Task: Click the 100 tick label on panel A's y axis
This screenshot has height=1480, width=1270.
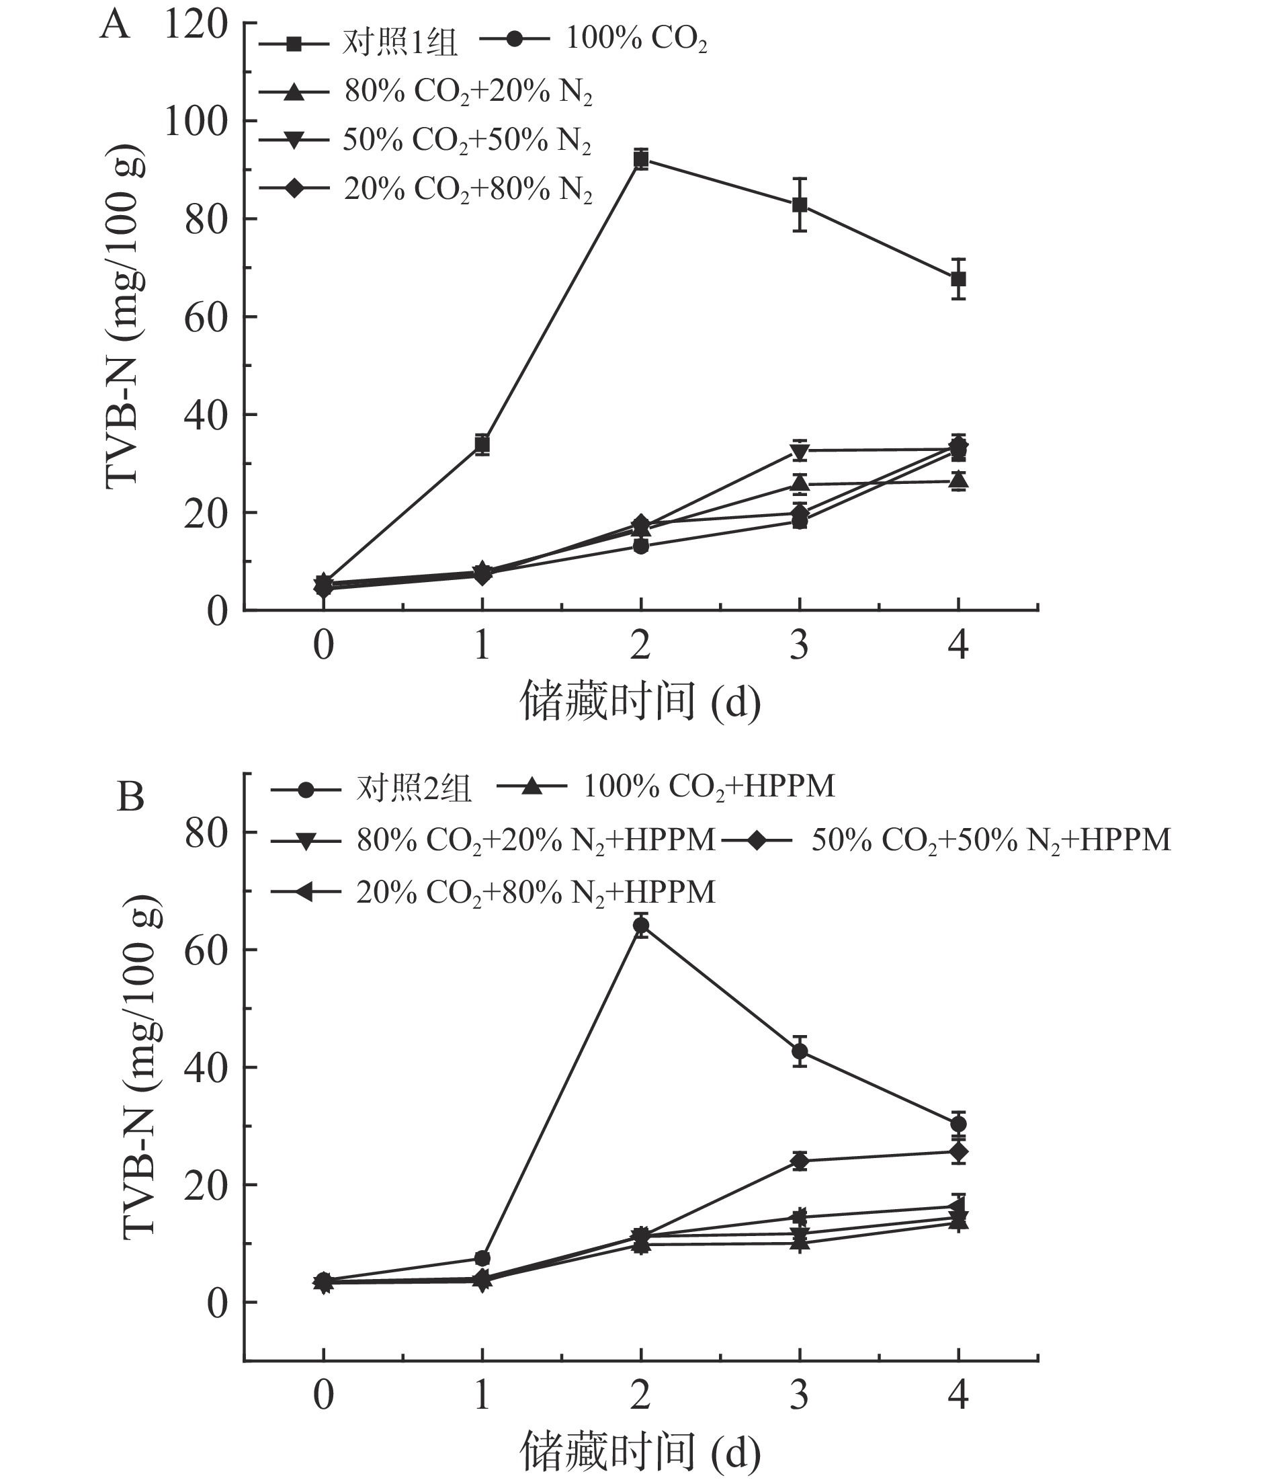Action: click(196, 122)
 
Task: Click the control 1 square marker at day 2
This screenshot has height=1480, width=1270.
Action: click(641, 159)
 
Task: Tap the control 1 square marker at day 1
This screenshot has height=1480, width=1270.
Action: click(482, 444)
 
